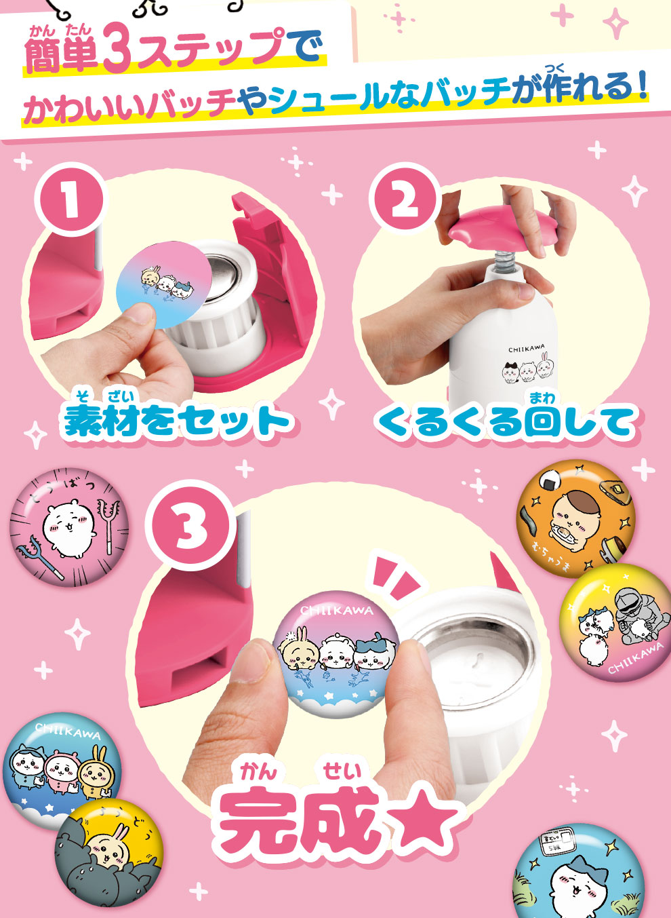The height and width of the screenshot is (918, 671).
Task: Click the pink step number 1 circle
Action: click(x=70, y=199)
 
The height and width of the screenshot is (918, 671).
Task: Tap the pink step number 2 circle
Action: click(x=404, y=199)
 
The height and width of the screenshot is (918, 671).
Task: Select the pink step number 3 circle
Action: click(x=190, y=527)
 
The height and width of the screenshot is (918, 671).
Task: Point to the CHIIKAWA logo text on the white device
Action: click(x=526, y=349)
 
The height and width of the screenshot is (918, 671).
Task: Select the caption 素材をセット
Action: click(x=178, y=421)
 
